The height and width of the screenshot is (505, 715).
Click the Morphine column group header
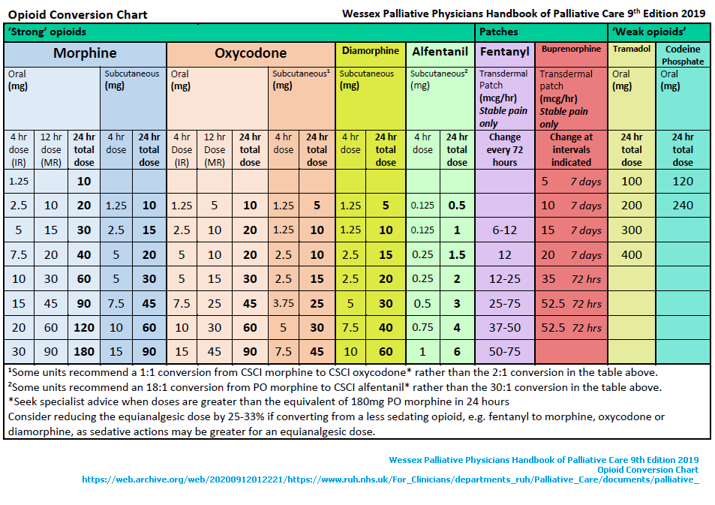pos(85,53)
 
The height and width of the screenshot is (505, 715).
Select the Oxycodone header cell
pos(251,53)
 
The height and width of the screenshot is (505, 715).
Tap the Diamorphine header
pos(371,51)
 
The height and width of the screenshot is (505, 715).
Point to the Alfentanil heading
pos(440,52)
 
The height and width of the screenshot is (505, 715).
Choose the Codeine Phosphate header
pos(683,55)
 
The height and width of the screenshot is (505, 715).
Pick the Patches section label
pos(499,32)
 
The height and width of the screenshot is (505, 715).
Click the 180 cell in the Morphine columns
pos(84,351)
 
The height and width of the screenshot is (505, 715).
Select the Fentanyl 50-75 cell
pos(504,351)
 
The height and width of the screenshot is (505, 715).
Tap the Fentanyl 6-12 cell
pos(504,230)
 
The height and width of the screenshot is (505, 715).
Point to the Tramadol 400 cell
pos(632,254)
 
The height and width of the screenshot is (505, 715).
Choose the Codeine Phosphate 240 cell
pos(683,205)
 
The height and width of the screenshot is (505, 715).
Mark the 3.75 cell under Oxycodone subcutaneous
pos(283,303)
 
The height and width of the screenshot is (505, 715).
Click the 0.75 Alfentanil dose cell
pos(423,327)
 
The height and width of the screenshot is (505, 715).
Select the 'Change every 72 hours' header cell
pos(504,149)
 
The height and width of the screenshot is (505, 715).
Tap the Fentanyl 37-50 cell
pos(504,327)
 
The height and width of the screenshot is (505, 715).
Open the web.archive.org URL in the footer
pos(390,479)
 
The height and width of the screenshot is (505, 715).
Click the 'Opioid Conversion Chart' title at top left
pos(77,14)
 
